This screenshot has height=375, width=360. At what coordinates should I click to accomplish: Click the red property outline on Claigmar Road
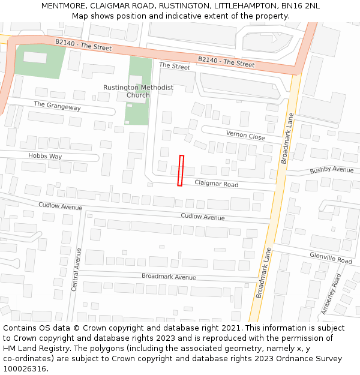(180, 170)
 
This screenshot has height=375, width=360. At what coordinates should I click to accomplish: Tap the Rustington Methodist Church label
(138, 91)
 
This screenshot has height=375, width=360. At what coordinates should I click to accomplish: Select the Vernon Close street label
(245, 136)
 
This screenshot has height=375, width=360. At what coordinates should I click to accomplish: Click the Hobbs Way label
(45, 156)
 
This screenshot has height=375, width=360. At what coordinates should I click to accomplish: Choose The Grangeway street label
(57, 106)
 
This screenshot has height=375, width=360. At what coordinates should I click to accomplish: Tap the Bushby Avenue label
(332, 170)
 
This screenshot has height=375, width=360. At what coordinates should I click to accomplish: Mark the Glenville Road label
(331, 257)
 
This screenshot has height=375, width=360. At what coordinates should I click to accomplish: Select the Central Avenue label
(76, 269)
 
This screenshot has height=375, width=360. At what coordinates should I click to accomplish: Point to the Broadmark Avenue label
(169, 277)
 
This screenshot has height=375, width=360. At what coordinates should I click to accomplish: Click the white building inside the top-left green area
(35, 58)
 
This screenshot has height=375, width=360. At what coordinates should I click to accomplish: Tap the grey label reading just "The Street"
(174, 67)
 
